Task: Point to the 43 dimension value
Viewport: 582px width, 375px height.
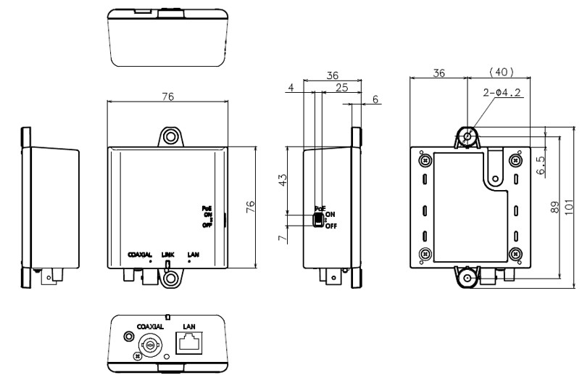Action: (x=283, y=178)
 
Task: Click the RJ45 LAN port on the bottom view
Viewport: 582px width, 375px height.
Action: (x=192, y=343)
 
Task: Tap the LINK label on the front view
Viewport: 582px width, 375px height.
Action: (x=168, y=255)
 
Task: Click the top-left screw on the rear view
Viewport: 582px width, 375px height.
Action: (x=425, y=160)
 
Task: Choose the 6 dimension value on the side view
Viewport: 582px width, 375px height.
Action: (x=375, y=99)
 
